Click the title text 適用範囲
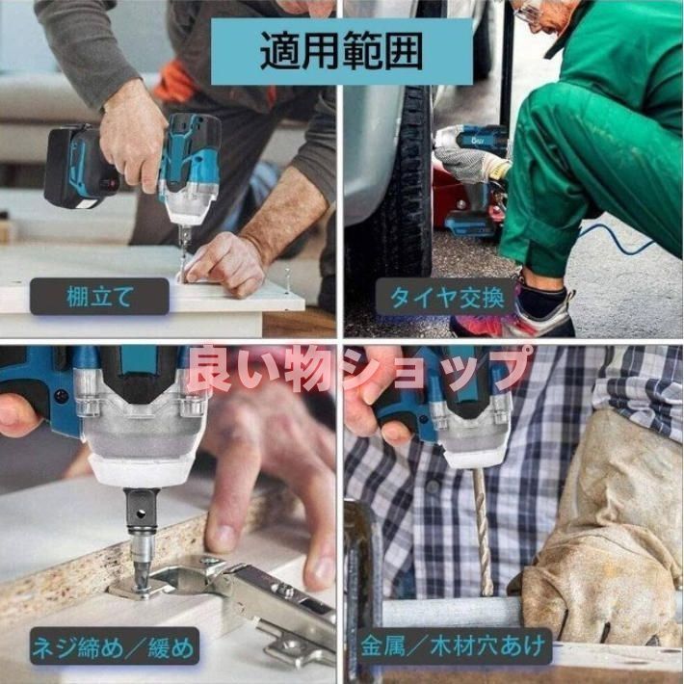[x=342, y=51]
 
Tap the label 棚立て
[x=99, y=297]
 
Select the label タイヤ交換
[x=447, y=298]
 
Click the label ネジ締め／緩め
[x=114, y=646]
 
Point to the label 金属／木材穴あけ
[x=453, y=645]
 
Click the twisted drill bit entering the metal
[x=482, y=531]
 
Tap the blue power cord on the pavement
[x=619, y=239]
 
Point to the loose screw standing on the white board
[x=287, y=275]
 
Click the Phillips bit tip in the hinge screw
[x=141, y=577]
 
